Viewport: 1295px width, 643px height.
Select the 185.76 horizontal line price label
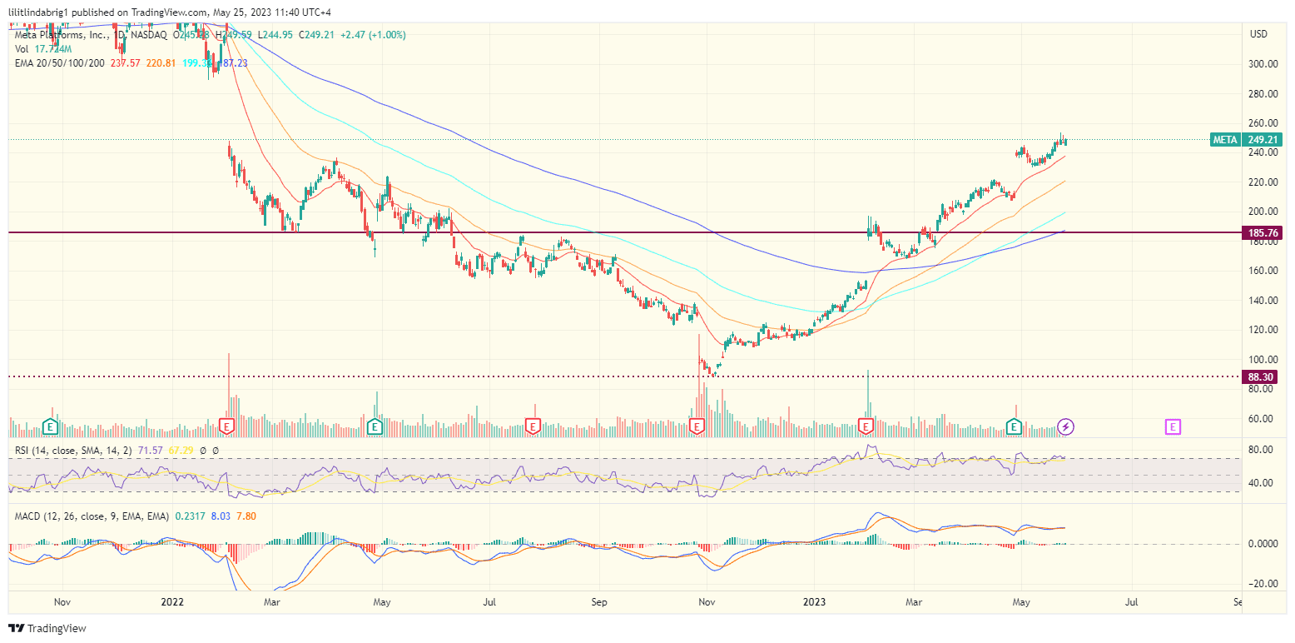click(x=1263, y=233)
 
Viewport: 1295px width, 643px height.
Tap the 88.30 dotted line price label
click(x=1263, y=376)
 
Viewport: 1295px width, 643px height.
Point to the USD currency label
click(x=1258, y=33)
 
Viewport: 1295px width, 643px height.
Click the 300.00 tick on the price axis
click(x=1263, y=64)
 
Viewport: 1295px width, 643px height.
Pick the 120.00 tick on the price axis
click(x=1263, y=330)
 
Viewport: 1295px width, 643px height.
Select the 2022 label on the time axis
click(x=172, y=601)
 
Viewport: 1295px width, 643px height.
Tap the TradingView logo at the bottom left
click(x=47, y=628)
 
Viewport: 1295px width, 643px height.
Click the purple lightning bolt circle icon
click(x=1066, y=427)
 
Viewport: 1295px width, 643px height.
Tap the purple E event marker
click(x=1172, y=427)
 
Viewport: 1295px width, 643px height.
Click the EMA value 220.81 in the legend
click(x=161, y=62)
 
